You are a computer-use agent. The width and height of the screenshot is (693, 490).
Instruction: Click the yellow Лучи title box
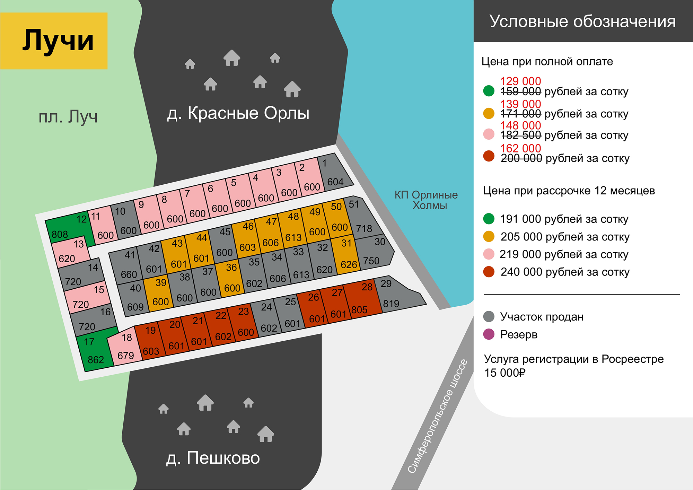click(54, 41)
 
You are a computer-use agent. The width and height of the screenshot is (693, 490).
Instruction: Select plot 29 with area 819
click(395, 295)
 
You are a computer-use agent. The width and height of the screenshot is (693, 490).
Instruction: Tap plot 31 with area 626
click(345, 255)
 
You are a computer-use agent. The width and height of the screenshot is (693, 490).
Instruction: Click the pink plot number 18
click(125, 347)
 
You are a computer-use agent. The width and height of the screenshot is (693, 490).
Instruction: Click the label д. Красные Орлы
click(238, 113)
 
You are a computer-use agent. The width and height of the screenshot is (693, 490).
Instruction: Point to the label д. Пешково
click(213, 458)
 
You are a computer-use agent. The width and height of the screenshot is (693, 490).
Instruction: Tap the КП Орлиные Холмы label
click(426, 200)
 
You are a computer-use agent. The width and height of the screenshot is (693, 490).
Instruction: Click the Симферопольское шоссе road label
click(437, 416)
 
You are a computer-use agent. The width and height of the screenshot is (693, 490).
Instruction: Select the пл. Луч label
click(68, 117)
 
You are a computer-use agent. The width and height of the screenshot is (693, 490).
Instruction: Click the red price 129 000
click(520, 81)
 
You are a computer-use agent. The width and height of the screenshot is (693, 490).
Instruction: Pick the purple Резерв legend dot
click(489, 334)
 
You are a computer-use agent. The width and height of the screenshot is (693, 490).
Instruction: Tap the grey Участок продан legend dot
click(489, 316)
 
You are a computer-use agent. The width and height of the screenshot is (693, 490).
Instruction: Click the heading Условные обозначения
click(582, 21)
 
